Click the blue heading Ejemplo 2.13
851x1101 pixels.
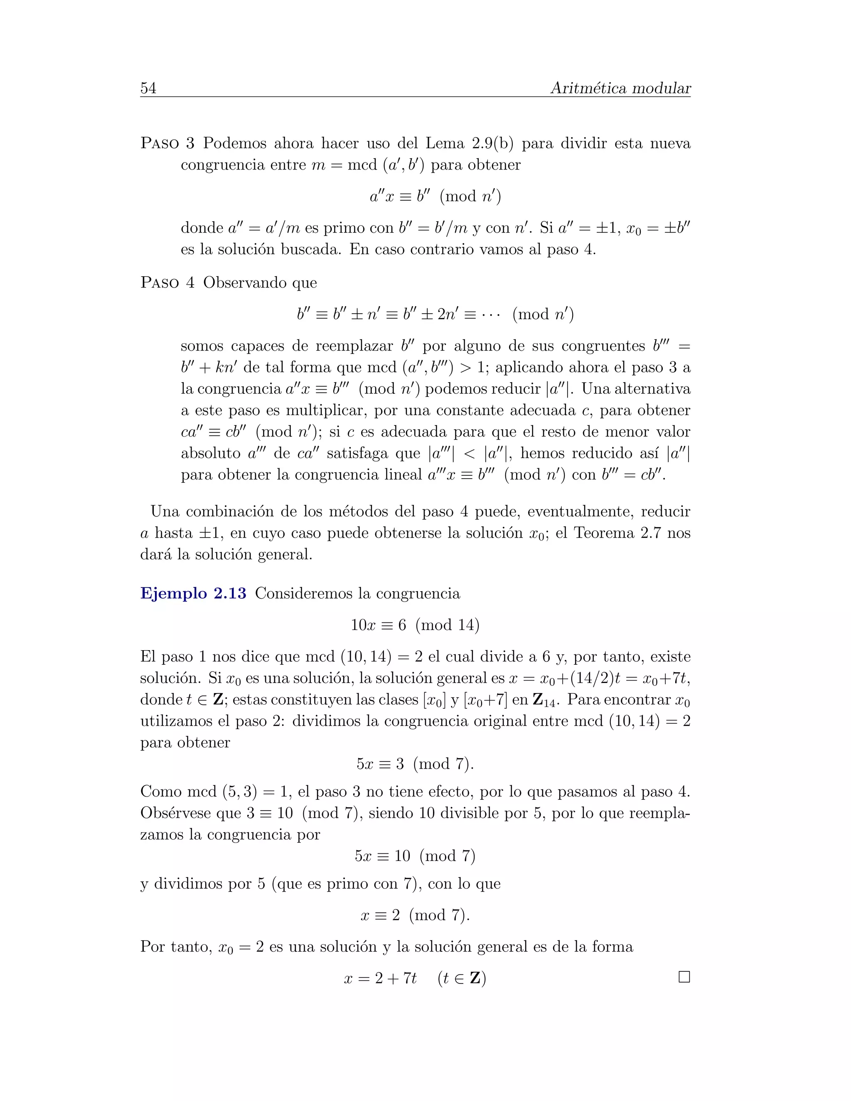(x=193, y=593)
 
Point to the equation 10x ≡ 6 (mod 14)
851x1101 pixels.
(x=415, y=625)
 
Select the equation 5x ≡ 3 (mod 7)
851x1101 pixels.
(x=415, y=764)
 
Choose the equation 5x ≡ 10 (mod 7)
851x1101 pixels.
(x=415, y=856)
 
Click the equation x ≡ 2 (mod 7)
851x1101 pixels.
(x=415, y=915)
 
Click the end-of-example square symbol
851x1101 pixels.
(x=684, y=978)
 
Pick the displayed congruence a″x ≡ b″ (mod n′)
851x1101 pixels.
(x=435, y=196)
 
